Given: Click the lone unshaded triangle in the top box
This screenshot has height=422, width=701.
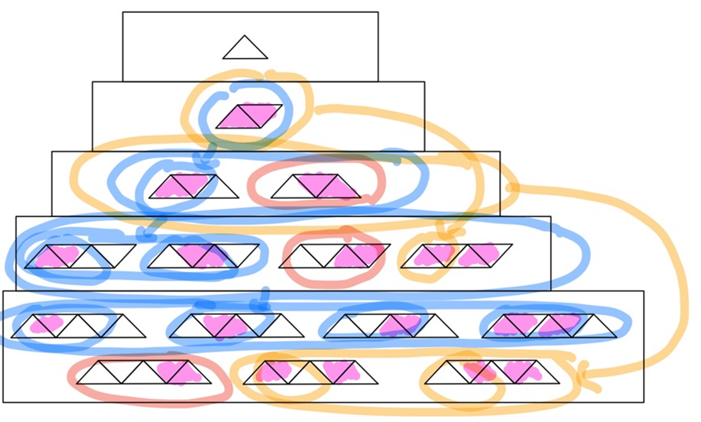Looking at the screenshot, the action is (x=245, y=49).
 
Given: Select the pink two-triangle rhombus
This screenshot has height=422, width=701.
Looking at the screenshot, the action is (x=249, y=115).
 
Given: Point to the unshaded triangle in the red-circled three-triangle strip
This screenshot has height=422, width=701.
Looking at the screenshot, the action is (x=287, y=190).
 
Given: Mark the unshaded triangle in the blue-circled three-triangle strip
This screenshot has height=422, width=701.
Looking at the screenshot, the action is (x=222, y=190).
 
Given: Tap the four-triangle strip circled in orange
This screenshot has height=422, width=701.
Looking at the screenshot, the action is (x=456, y=255).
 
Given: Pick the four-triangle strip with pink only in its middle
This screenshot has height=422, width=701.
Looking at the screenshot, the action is (x=203, y=255).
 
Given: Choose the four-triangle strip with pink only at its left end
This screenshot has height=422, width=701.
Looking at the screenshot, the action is (x=80, y=255).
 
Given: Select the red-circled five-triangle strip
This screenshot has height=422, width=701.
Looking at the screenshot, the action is (x=142, y=372).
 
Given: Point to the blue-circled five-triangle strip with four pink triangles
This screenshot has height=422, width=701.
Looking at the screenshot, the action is (x=549, y=326).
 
